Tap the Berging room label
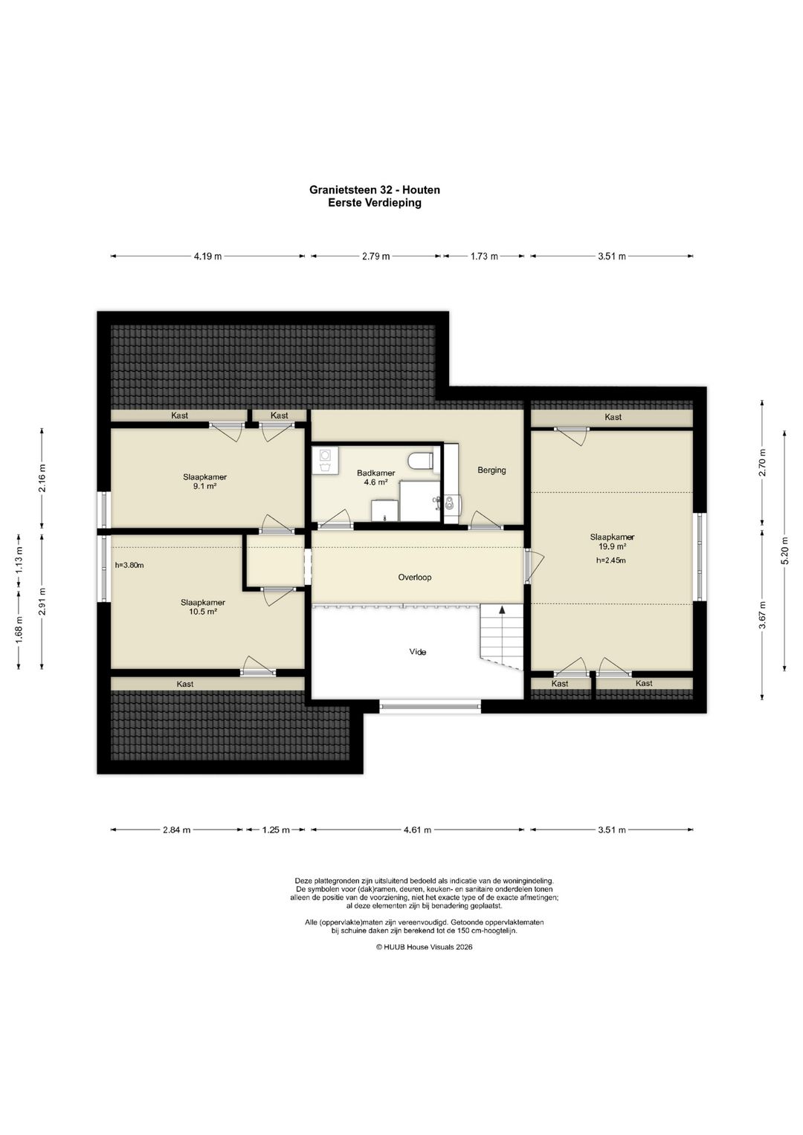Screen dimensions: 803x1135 tap(491, 471)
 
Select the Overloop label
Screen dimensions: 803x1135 tap(414, 577)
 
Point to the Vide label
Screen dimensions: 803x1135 tap(417, 652)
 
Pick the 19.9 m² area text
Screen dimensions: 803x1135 tap(612, 547)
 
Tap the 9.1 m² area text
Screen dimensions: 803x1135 tap(204, 486)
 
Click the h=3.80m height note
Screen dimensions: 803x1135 tap(130, 565)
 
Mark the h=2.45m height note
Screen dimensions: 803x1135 tap(611, 560)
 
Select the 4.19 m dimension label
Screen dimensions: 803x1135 tap(207, 256)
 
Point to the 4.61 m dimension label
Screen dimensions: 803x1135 tap(417, 830)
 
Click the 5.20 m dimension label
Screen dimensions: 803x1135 tap(784, 550)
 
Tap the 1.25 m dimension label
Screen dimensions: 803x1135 tap(276, 830)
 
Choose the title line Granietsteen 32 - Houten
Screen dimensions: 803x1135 tap(375, 190)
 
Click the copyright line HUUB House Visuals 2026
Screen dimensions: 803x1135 tap(424, 947)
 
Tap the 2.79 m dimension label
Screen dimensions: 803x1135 tap(375, 256)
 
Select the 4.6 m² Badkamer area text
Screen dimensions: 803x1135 tap(375, 482)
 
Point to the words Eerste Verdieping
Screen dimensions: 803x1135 tap(375, 203)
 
